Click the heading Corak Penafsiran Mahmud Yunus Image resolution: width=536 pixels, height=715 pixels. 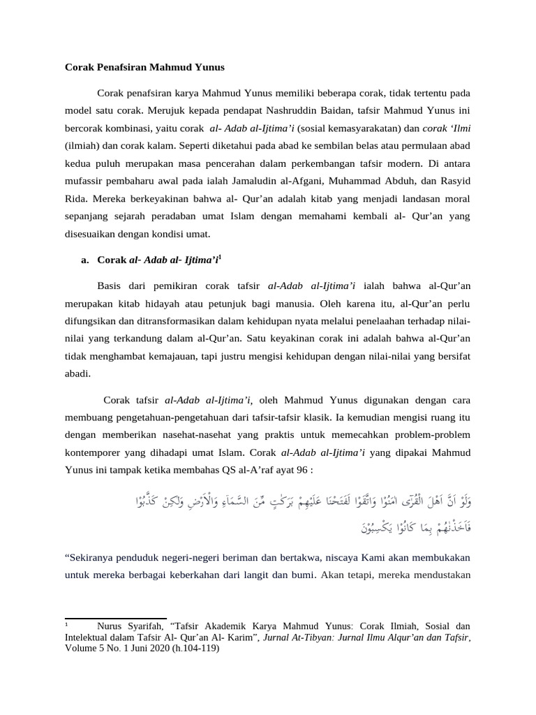point(145,68)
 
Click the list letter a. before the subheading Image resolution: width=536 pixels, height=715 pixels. point(84,260)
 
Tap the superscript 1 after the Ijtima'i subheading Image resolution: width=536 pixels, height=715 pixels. point(220,257)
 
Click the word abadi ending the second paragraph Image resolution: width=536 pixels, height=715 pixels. point(77,374)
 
